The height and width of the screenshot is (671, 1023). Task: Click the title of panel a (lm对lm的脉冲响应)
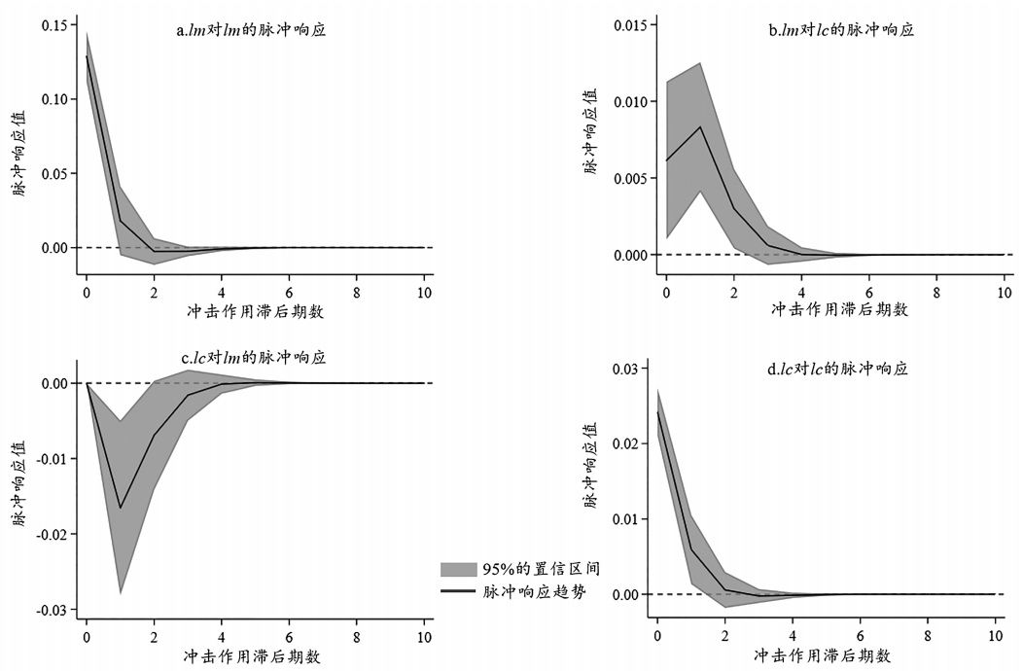250,30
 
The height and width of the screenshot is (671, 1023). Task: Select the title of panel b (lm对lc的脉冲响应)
841,30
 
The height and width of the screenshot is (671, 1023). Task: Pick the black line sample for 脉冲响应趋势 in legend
458,591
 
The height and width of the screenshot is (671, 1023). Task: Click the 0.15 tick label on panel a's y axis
54,24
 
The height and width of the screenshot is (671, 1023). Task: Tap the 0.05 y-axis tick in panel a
54,173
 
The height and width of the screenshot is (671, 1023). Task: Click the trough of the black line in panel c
121,508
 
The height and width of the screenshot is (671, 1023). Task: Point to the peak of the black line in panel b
700,127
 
